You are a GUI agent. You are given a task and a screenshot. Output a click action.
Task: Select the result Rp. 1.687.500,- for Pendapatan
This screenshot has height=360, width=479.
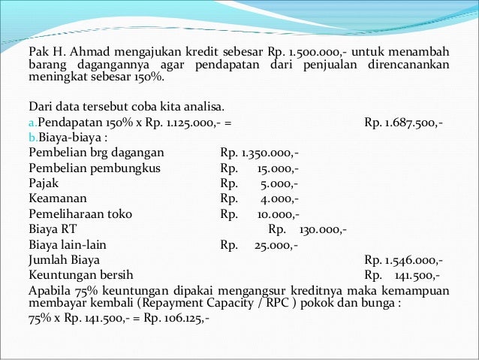coord(402,123)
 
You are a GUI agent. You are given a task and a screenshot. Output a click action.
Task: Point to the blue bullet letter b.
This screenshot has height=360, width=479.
coord(31,138)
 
